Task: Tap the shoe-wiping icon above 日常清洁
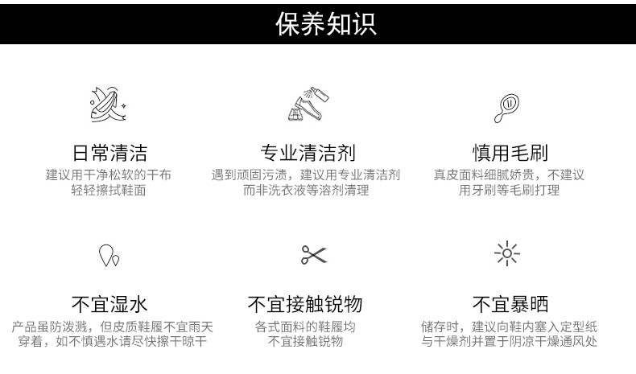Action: (109, 105)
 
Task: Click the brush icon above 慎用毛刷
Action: (508, 105)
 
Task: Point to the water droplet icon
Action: (109, 255)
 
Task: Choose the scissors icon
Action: (313, 255)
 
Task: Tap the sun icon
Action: (507, 254)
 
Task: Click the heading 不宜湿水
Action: (109, 304)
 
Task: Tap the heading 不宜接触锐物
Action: (305, 304)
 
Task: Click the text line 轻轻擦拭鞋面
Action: (109, 191)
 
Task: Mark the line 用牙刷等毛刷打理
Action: (509, 191)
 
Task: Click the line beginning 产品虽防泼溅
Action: (113, 327)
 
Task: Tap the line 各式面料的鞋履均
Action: (305, 327)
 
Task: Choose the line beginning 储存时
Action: (508, 327)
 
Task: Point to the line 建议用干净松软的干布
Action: (109, 175)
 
